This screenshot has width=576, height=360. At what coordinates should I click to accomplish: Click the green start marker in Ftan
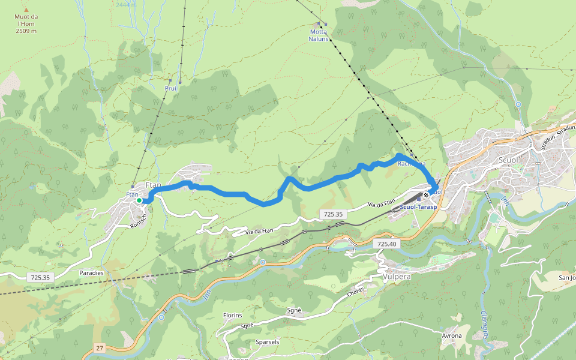tap(139, 201)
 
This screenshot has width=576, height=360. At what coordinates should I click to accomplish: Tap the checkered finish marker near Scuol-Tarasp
tap(426, 195)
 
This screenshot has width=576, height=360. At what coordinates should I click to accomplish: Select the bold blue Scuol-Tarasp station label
tap(418, 207)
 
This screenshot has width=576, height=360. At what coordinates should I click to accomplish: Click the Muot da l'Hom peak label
tap(26, 23)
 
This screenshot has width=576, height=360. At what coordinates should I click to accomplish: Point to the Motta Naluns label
tap(319, 35)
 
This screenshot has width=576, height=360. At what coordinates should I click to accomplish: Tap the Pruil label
tap(171, 88)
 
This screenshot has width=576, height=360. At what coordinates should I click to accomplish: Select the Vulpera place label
tap(395, 278)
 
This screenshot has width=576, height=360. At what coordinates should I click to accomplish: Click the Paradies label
tap(91, 272)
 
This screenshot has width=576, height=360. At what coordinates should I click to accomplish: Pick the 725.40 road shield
tap(387, 244)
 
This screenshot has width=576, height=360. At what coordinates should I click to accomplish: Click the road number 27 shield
tap(100, 348)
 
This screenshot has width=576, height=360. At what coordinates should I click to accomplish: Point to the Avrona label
tap(451, 335)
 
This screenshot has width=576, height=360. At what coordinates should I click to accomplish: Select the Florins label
tap(232, 315)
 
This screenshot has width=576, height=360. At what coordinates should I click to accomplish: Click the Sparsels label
tap(268, 341)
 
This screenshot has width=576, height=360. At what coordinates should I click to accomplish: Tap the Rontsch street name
tap(139, 223)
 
